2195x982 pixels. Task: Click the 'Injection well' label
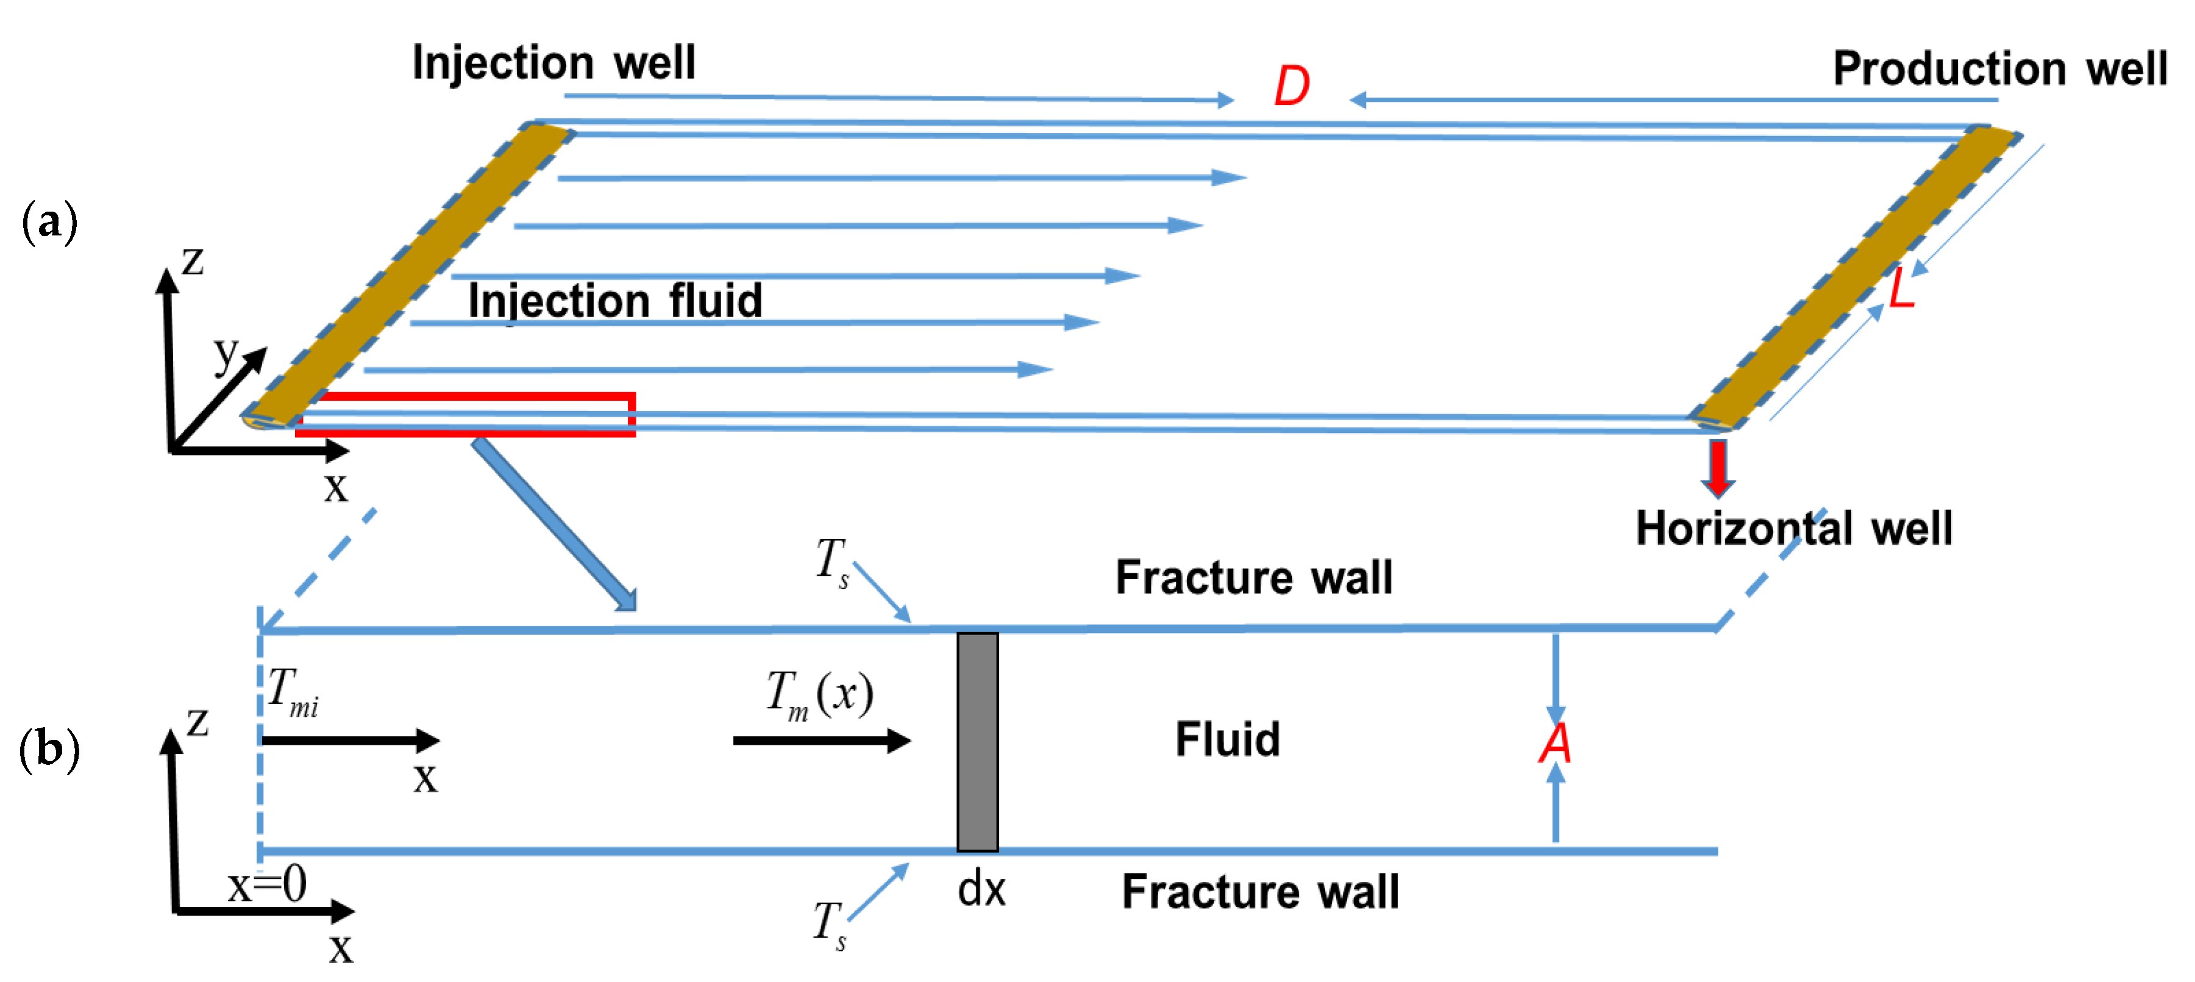click(x=554, y=63)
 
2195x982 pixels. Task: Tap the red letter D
click(x=1292, y=86)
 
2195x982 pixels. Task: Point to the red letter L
click(x=1902, y=290)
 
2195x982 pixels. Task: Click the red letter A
click(x=1555, y=744)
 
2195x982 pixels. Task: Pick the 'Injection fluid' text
click(x=614, y=301)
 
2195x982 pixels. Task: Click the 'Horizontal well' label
click(x=1794, y=528)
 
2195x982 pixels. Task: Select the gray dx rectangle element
click(x=977, y=742)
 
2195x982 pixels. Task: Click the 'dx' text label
click(x=981, y=890)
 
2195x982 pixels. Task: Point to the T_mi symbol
click(x=292, y=691)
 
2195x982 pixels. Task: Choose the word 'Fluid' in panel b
click(x=1227, y=739)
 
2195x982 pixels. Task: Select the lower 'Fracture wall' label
click(x=1260, y=892)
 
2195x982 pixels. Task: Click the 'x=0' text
click(x=267, y=885)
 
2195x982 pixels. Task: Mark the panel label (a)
click(x=49, y=221)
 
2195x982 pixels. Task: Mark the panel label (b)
click(x=49, y=749)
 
